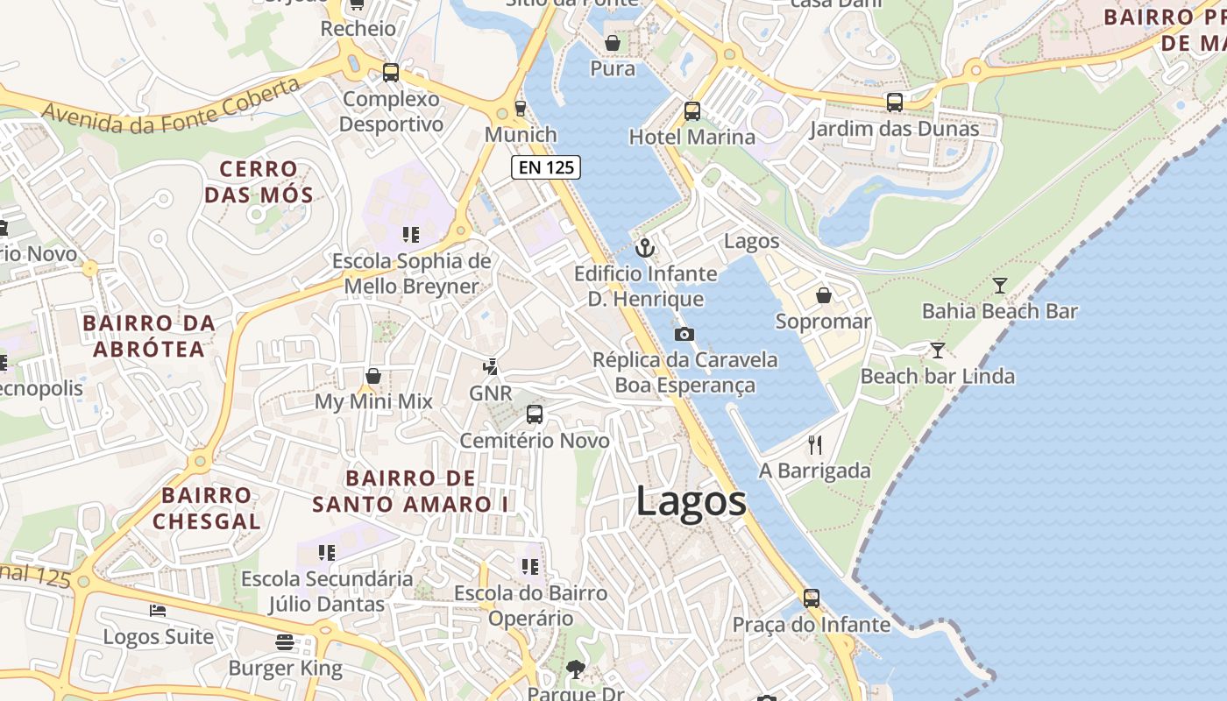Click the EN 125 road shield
point(546,166)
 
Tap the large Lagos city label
point(691,502)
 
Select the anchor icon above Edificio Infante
point(645,248)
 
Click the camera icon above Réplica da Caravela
point(684,334)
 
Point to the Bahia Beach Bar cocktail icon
point(999,285)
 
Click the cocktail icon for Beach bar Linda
point(938,350)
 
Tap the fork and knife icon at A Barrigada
point(815,444)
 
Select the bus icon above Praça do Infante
point(812,598)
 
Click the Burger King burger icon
point(285,642)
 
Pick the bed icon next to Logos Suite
point(158,610)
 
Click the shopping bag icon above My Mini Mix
point(373,376)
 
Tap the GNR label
point(490,393)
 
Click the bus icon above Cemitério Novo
point(535,414)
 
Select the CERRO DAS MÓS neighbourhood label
point(259,181)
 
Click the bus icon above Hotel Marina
point(692,111)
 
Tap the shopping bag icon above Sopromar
point(824,295)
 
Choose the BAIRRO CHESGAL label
point(206,508)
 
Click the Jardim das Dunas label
point(894,130)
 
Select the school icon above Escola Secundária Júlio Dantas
point(327,552)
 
